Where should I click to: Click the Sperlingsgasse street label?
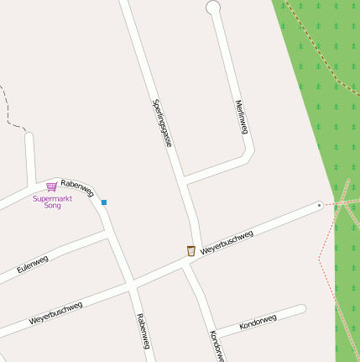[x=163, y=123]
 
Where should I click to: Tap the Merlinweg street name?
[x=242, y=117]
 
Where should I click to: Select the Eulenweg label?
[x=33, y=265]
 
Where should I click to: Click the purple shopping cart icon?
[x=52, y=187]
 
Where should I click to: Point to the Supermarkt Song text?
[x=52, y=202]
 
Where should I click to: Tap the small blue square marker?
[x=104, y=202]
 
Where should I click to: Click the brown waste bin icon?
[x=191, y=250]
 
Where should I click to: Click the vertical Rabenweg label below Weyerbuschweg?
[x=143, y=331]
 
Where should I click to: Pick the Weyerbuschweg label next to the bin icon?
[x=227, y=241]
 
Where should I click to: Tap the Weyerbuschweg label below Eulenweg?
[x=55, y=313]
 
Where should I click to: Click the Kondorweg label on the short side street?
[x=258, y=321]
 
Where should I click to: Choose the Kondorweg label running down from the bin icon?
[x=217, y=344]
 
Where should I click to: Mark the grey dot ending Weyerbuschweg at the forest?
[x=320, y=205]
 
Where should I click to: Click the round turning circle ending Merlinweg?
[x=213, y=8]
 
